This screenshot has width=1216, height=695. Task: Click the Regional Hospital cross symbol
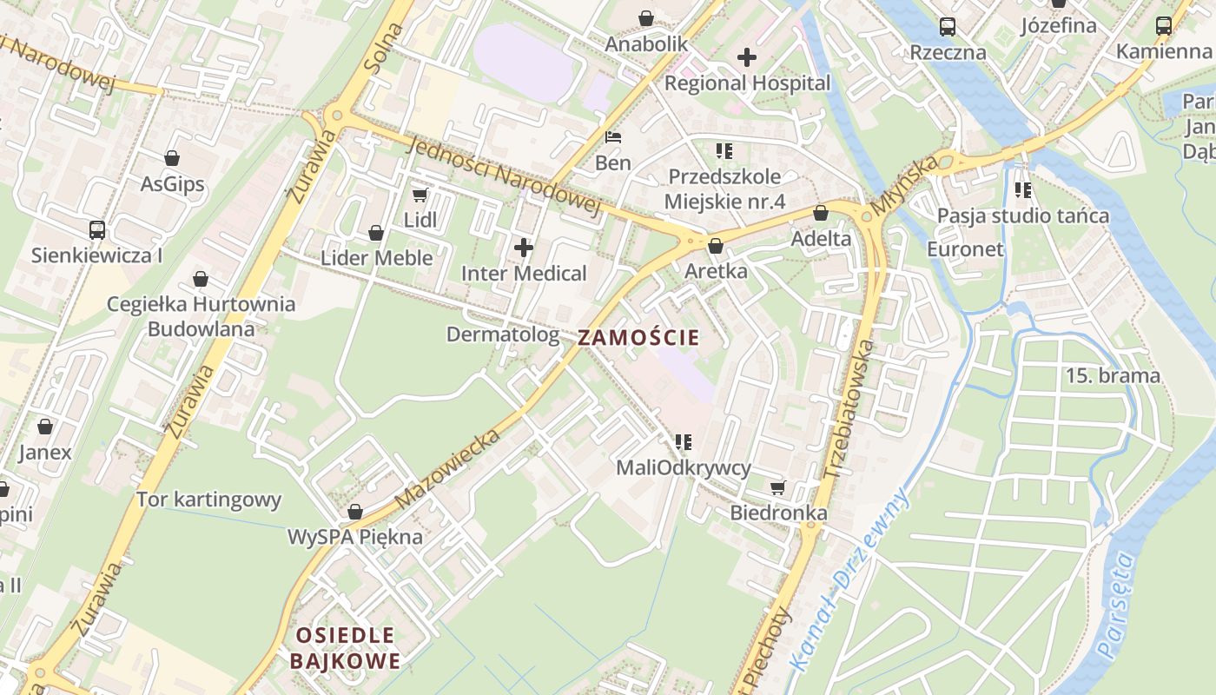click(x=747, y=58)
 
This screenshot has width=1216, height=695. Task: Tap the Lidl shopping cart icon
click(x=420, y=195)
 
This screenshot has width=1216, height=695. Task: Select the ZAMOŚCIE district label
click(x=638, y=338)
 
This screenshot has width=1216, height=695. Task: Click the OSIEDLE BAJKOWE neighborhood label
click(x=346, y=648)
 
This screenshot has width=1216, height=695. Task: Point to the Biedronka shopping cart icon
click(x=777, y=488)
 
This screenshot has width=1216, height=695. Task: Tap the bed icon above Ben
click(x=613, y=137)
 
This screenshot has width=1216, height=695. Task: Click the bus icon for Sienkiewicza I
click(x=97, y=230)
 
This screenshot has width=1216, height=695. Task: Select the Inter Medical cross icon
click(x=524, y=248)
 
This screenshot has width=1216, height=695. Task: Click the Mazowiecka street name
click(x=448, y=469)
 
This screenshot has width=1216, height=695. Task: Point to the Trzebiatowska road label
click(x=849, y=408)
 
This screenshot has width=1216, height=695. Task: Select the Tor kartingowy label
click(x=209, y=500)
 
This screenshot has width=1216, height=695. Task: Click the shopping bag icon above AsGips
click(x=172, y=158)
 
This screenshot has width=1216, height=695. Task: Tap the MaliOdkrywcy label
click(x=684, y=468)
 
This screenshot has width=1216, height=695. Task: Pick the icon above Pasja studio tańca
click(x=1023, y=189)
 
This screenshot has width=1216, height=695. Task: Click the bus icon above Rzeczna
click(x=948, y=27)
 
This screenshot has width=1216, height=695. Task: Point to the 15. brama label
click(x=1114, y=376)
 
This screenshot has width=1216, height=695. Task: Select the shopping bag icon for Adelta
click(x=821, y=213)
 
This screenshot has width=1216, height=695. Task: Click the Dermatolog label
click(x=503, y=334)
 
